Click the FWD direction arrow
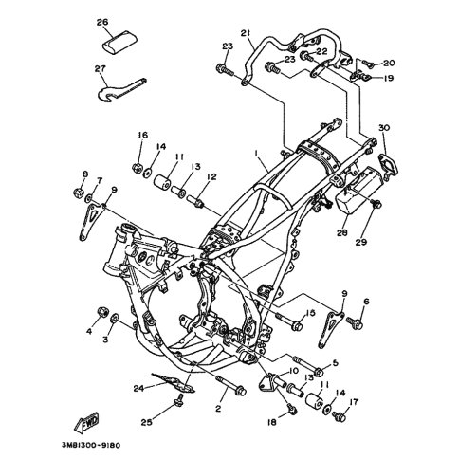(x=86, y=422)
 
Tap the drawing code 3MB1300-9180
(x=91, y=446)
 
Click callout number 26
(x=102, y=22)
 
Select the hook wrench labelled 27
(x=121, y=89)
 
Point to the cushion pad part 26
(x=120, y=41)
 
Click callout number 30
(x=384, y=128)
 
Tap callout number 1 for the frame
(x=256, y=153)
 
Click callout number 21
(x=246, y=33)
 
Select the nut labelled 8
(x=78, y=192)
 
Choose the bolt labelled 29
(x=376, y=204)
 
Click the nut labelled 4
(x=102, y=312)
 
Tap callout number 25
(x=147, y=422)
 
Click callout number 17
(x=354, y=402)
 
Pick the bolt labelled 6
(x=355, y=322)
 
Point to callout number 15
(x=311, y=313)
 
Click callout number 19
(x=389, y=78)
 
